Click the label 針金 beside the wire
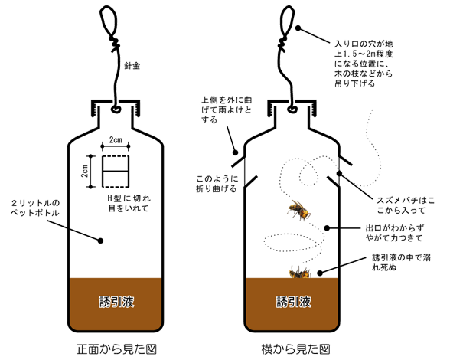point(132,66)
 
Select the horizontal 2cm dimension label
point(116,140)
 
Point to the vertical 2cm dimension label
point(85,171)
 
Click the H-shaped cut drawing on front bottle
point(116,172)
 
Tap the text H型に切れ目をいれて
point(129,203)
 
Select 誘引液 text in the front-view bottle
point(117,302)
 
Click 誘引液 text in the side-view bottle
point(294,302)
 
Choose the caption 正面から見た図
point(116,349)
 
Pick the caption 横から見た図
point(296,349)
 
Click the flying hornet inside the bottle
point(298,210)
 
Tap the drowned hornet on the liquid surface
point(300,273)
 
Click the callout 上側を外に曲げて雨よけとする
point(226,110)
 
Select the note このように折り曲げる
point(217,184)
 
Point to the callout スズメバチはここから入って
point(406,205)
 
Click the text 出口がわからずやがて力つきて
point(395,233)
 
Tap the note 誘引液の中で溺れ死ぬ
point(401,262)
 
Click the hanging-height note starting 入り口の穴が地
point(364,64)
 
